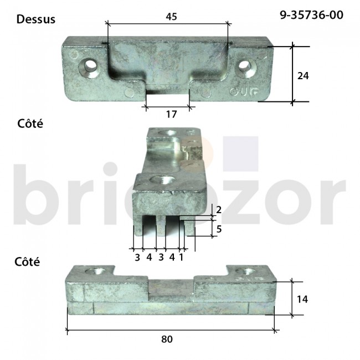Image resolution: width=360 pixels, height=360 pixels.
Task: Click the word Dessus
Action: [36, 19]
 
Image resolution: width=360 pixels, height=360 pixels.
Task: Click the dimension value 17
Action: [171, 114]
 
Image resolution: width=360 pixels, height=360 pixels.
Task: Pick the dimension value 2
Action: [219, 210]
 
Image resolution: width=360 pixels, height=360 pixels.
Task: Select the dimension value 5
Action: [219, 228]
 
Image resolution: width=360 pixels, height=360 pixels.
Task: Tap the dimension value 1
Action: [182, 257]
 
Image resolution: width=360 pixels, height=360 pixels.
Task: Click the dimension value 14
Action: [302, 299]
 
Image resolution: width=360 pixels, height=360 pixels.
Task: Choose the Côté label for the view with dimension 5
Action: [30, 124]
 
